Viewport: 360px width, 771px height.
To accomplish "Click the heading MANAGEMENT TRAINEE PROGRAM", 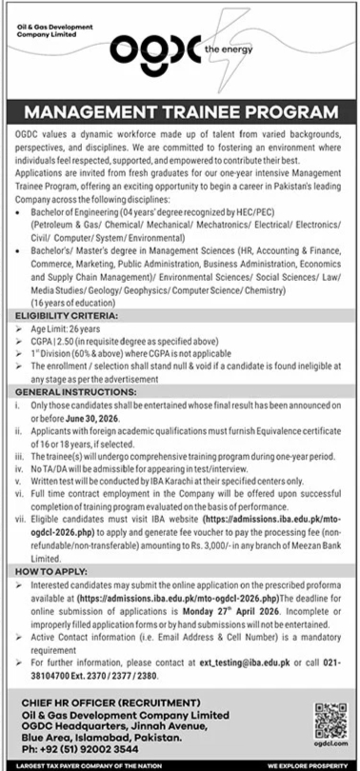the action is pos(180,115).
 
